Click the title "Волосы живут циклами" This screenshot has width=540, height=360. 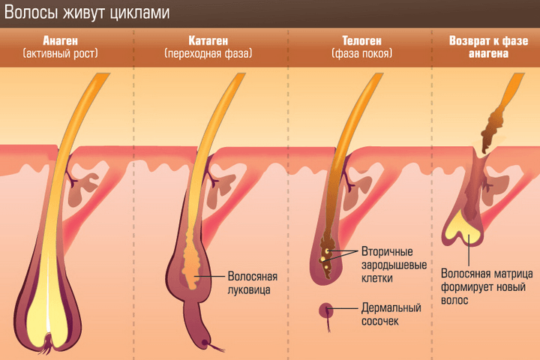click(x=87, y=13)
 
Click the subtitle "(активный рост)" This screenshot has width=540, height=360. click(x=61, y=54)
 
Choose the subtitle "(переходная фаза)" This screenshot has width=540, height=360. click(x=208, y=54)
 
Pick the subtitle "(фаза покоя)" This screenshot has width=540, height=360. click(x=352, y=54)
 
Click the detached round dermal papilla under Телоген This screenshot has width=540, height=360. click(x=327, y=310)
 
